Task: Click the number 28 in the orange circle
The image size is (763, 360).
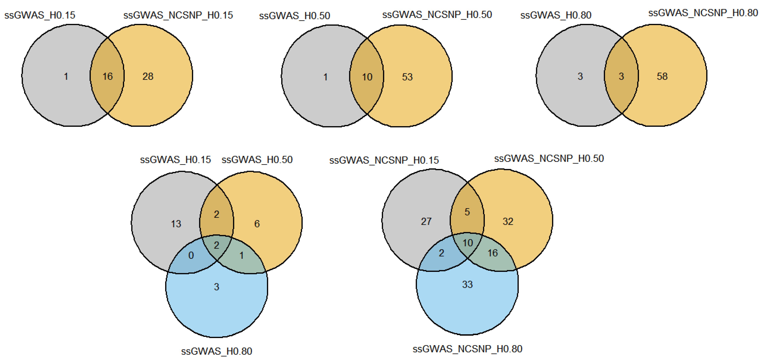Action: [148, 76]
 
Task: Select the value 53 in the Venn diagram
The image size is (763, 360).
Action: [407, 77]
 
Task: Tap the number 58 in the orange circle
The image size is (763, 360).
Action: [662, 76]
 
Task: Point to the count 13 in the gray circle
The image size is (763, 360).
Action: [176, 224]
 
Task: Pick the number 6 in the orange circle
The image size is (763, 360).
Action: [257, 224]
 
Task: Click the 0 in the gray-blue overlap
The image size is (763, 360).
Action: [191, 255]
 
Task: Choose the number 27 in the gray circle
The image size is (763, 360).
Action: [426, 221]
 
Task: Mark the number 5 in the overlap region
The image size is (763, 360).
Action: [467, 212]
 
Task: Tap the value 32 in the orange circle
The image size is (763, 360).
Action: [508, 221]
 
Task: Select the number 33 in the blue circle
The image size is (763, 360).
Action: [467, 284]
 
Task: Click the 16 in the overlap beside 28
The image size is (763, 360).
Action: [108, 76]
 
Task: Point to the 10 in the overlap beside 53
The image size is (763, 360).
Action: [367, 77]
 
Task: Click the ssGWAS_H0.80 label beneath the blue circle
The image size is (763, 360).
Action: [216, 351]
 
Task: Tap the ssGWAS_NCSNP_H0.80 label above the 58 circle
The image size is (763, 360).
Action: [703, 13]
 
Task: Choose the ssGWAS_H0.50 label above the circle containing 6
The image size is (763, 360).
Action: [257, 160]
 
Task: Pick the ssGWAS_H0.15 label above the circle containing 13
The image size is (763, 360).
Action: [175, 160]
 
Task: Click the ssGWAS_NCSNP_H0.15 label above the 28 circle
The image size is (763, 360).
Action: [178, 15]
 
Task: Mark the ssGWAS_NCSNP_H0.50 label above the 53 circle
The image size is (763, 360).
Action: [437, 14]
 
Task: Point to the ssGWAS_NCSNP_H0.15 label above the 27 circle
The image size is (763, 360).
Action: [384, 160]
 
